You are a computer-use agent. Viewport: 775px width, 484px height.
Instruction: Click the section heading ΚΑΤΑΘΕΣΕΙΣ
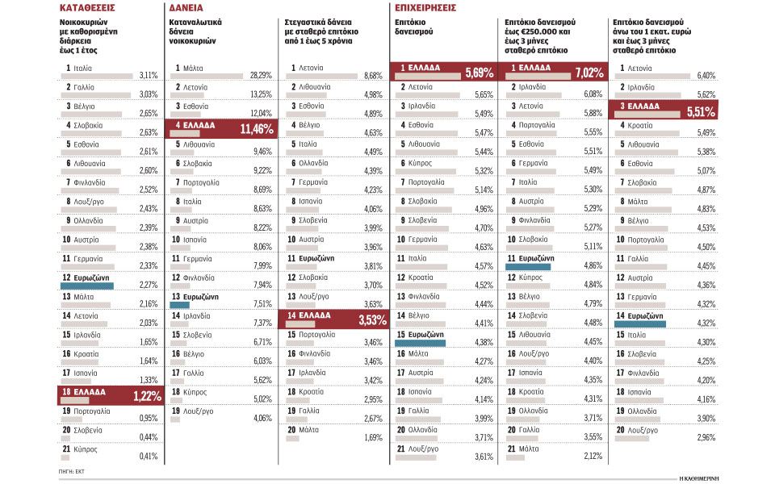(x=86, y=8)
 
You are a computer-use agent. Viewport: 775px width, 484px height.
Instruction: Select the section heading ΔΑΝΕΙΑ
(x=186, y=8)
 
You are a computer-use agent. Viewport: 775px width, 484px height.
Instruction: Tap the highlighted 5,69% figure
(x=479, y=73)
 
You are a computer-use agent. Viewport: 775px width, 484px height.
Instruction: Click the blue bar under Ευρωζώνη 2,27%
(x=87, y=285)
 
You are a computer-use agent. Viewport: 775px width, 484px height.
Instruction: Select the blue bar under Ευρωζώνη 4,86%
(x=529, y=265)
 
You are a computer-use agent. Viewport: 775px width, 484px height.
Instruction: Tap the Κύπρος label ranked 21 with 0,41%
(x=86, y=448)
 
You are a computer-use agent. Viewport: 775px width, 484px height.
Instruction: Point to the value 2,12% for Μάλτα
(x=592, y=456)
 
